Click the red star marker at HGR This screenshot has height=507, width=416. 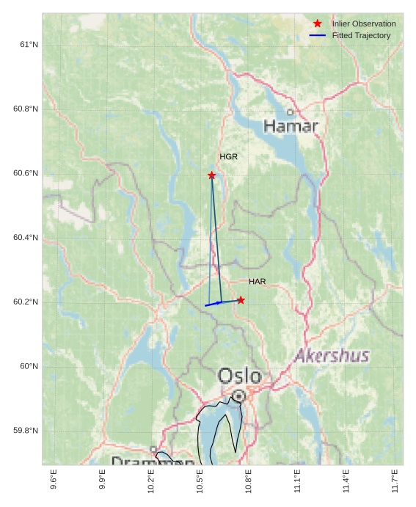(x=211, y=175)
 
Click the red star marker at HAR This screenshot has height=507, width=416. (x=241, y=300)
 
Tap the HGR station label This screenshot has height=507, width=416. (x=228, y=157)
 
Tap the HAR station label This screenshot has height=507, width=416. (x=257, y=282)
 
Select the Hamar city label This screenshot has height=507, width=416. (x=291, y=126)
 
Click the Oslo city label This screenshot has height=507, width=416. (x=239, y=376)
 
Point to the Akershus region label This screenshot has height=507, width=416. (x=332, y=357)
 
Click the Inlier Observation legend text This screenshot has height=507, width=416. (x=363, y=24)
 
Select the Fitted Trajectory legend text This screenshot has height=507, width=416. (x=361, y=35)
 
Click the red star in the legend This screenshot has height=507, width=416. (x=317, y=23)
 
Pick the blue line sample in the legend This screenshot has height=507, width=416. (x=317, y=35)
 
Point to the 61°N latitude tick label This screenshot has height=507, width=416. (x=29, y=45)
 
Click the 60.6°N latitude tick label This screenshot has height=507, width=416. (x=26, y=173)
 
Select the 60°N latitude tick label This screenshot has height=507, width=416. (x=29, y=366)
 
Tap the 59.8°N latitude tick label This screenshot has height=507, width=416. (x=26, y=431)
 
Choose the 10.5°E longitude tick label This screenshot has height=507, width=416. (x=200, y=480)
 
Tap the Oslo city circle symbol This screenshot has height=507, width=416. (x=238, y=396)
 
